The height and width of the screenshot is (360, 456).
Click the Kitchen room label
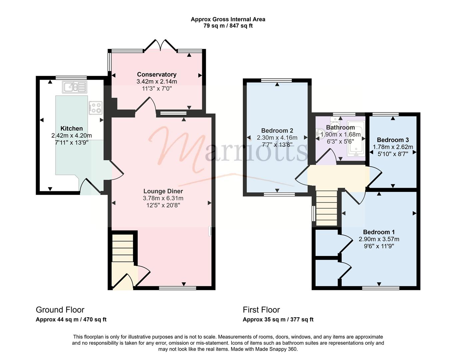coord(72,128)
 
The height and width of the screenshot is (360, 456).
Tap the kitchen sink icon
coord(75,87)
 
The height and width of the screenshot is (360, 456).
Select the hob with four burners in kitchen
coord(96,108)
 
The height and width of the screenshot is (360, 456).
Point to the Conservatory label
coord(157,74)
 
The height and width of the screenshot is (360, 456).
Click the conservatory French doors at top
coord(161,45)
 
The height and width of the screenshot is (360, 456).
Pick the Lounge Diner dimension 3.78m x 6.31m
coord(163,198)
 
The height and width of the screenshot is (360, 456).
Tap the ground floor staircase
coord(123,248)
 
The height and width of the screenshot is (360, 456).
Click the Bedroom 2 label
coord(277,130)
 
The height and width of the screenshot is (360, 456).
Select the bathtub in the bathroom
coord(356,139)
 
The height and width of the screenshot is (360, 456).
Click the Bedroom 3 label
coord(393,140)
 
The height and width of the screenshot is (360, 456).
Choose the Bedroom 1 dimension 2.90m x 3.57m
coord(379,239)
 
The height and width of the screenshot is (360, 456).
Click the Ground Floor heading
coord(60,310)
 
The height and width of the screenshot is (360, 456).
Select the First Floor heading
coord(261,310)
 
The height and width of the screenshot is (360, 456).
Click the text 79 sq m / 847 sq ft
coord(228,26)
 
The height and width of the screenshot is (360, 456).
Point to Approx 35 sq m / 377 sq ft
coord(278,320)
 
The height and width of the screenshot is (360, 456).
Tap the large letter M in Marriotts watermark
coord(177,148)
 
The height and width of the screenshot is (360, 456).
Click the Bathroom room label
coord(340,127)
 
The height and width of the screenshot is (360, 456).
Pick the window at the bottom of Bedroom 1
coord(381,288)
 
